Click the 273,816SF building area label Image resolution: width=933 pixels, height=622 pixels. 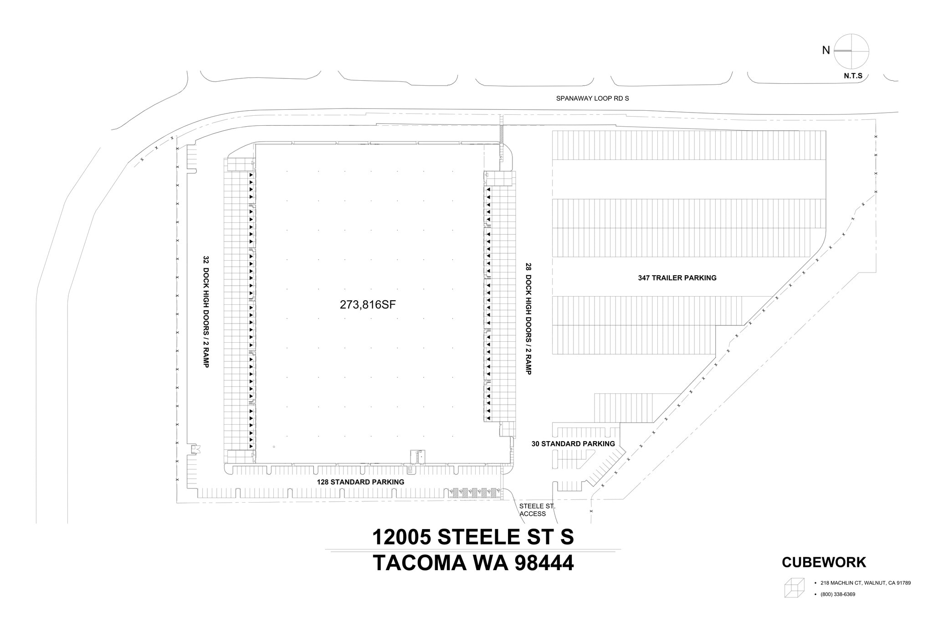pos(368,305)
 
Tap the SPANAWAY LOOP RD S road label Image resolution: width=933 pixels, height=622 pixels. pos(592,98)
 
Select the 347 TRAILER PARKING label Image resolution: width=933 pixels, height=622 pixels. pos(677,278)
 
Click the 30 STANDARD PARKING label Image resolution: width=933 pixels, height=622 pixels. pos(573,444)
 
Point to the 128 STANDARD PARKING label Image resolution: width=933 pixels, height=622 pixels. pos(360,482)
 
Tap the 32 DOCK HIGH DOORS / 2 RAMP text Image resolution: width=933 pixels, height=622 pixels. pos(205,312)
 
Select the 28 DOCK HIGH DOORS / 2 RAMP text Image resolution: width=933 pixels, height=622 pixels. pos(528,318)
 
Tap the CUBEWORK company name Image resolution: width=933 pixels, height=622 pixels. pos(824,562)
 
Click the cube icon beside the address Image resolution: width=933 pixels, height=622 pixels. pos(794,587)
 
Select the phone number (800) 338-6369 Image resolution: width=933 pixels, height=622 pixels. pos(838,594)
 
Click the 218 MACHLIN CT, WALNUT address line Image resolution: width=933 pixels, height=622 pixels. pos(865,583)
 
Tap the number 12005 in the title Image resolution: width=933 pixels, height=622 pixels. pos(401,537)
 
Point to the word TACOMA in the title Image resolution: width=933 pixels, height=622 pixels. pos(420,563)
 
